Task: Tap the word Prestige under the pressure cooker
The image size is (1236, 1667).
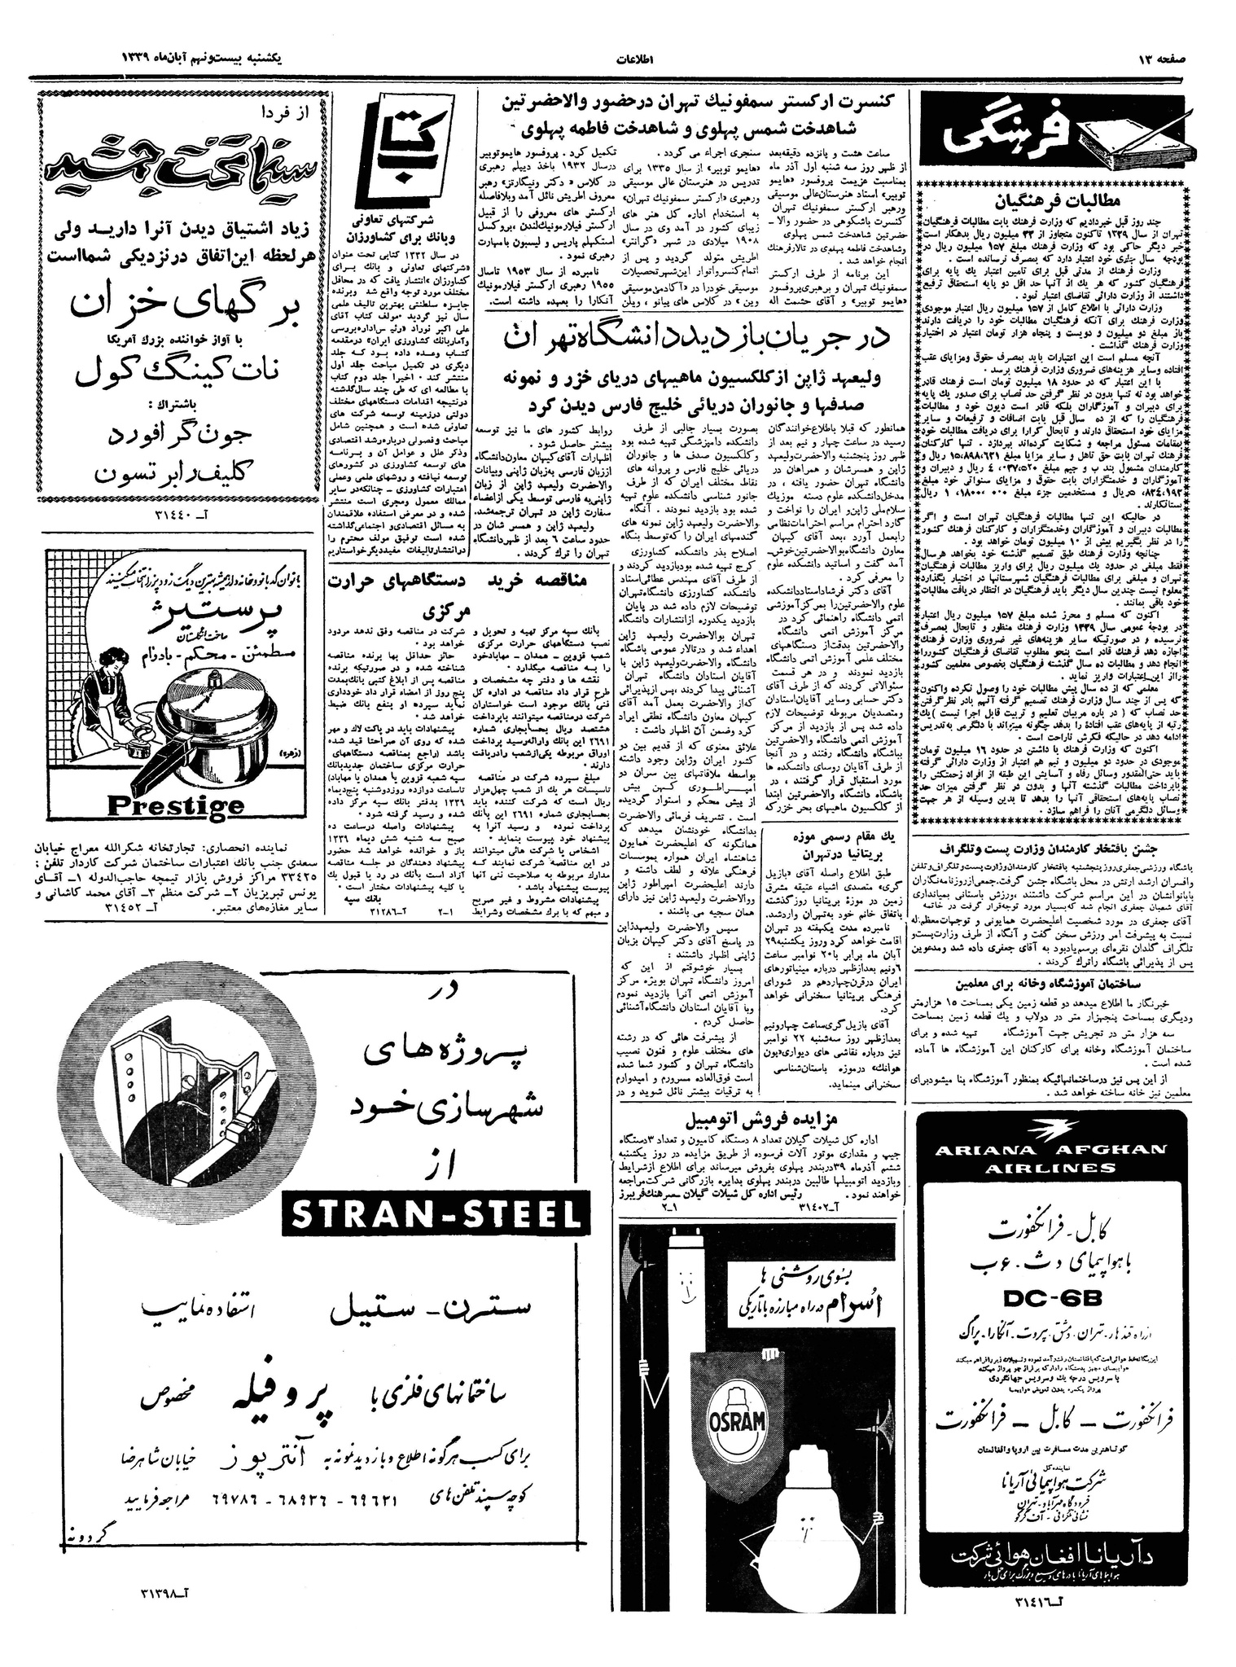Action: [x=176, y=805]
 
